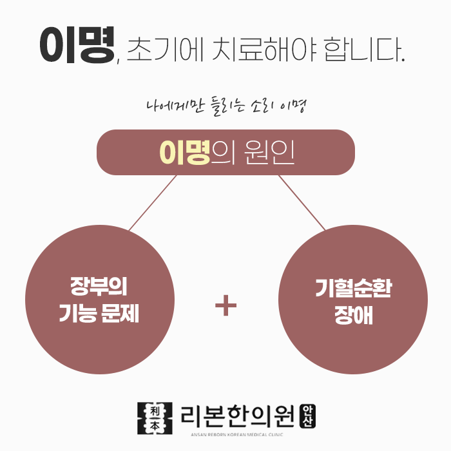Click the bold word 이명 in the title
click(x=77, y=45)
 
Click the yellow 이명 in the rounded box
click(x=185, y=153)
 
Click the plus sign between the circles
click(x=225, y=306)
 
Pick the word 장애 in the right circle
click(x=353, y=316)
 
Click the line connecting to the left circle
click(x=153, y=202)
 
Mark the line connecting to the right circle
click(x=301, y=202)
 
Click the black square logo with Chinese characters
click(x=156, y=417)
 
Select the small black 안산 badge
click(x=309, y=416)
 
